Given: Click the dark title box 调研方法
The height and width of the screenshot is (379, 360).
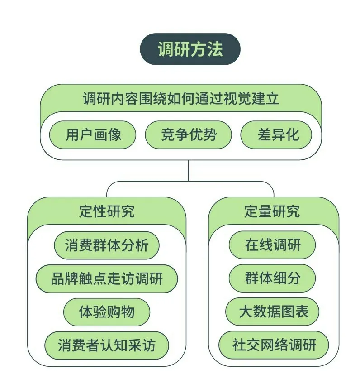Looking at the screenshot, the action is pos(190,49).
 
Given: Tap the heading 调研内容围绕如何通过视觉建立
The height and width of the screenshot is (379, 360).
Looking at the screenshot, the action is pos(181,98).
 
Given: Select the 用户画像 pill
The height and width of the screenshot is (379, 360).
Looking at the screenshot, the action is pos(93,134).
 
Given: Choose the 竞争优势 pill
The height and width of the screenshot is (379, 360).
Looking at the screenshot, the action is pos(188,134).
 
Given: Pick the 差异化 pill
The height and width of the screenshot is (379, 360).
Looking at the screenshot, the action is pos(276,134).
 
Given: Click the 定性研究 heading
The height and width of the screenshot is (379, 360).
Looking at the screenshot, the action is pos(107,211).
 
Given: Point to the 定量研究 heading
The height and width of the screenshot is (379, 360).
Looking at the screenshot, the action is pos(272,211).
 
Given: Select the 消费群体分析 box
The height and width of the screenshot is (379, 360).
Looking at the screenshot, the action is pos(107,245).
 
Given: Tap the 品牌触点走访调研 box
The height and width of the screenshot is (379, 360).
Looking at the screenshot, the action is pos(107,278).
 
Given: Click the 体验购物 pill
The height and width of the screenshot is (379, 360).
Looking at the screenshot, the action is pos(107,312).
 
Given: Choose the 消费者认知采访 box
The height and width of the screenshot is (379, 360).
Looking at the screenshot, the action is pos(107,345).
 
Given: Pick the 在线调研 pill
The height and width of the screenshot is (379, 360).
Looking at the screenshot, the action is pos(272,245).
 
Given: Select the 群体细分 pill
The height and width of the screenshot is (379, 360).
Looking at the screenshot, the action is pos(272,278).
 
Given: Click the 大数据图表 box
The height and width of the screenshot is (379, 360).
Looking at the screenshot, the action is pos(272,312).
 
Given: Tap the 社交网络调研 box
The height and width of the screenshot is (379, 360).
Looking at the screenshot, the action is pos(274,345).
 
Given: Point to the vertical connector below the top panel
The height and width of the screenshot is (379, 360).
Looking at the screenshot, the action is pos(188,171).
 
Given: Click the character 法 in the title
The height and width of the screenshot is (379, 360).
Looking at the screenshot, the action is pos(215,49).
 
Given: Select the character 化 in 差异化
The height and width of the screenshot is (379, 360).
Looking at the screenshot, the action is pos(293,134).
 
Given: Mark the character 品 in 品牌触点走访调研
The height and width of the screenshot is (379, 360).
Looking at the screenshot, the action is pos(58,278).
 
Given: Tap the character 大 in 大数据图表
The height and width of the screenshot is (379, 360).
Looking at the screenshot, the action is pos(246,312).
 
